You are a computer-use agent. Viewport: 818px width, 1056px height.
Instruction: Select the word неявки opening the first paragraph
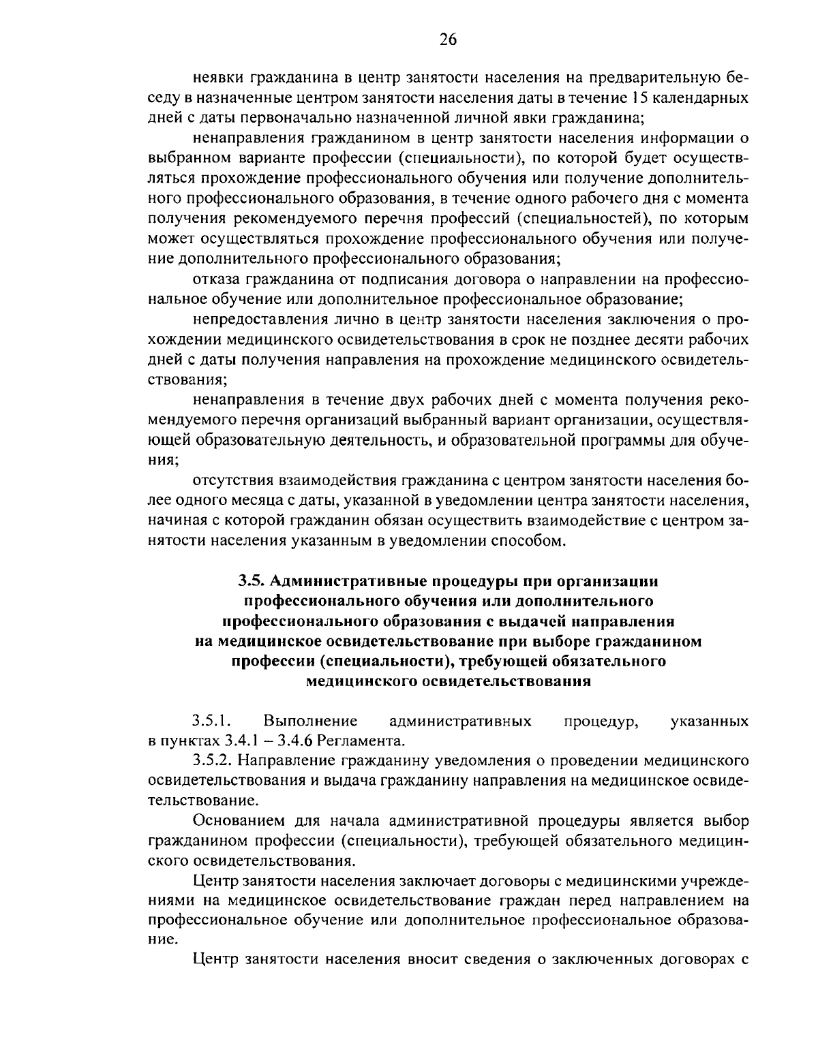pos(217,77)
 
